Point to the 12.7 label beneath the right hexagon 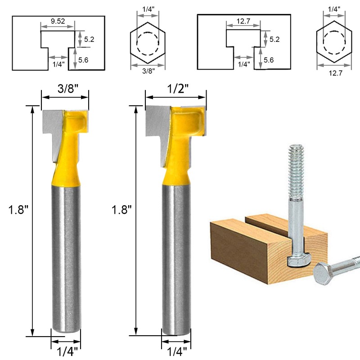coord(333,73)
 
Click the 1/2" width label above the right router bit coord(175,89)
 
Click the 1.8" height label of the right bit coord(121,210)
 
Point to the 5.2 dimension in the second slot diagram coord(274,39)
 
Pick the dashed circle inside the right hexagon coord(333,44)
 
